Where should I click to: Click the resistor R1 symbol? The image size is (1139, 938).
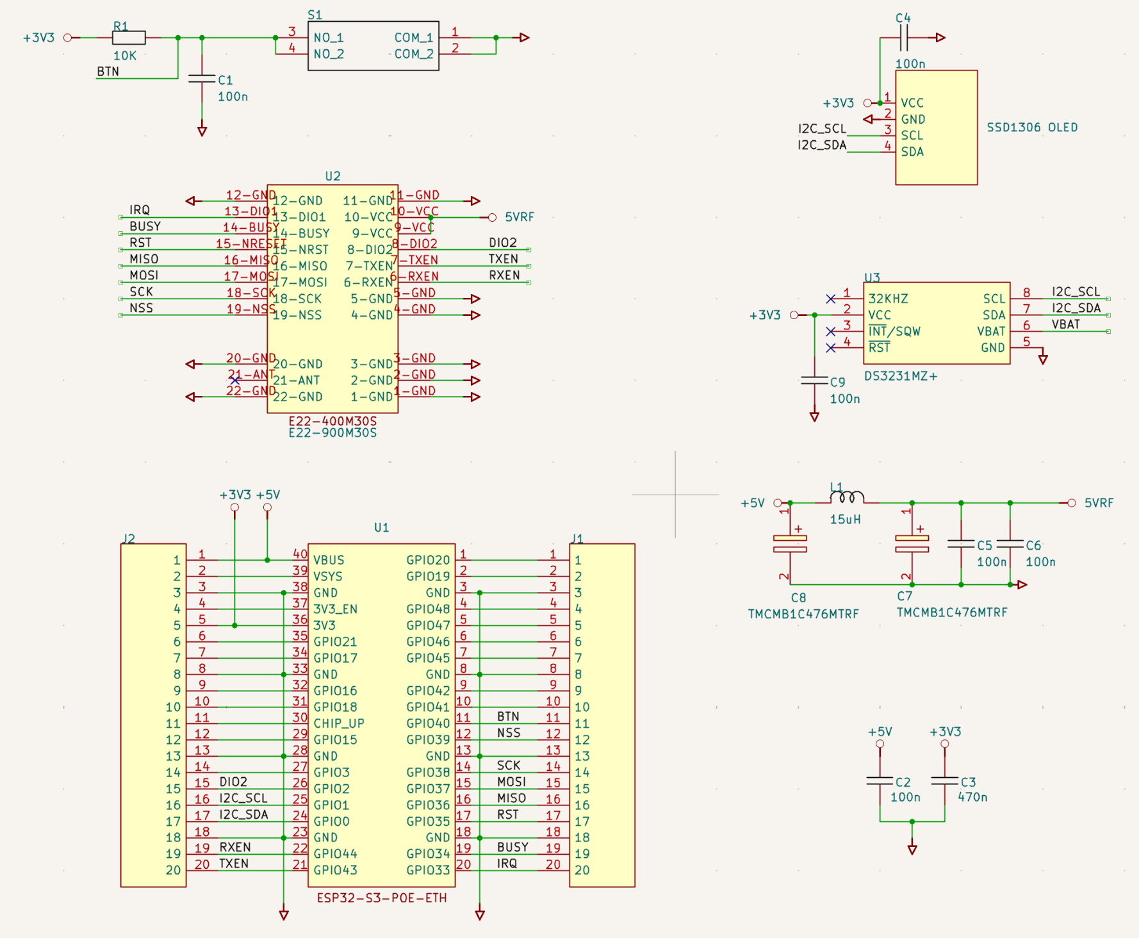pyautogui.click(x=129, y=38)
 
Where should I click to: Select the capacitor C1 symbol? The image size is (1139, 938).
pyautogui.click(x=202, y=78)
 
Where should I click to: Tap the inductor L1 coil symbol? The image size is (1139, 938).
pyautogui.click(x=847, y=497)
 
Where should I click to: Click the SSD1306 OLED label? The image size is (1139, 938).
pyautogui.click(x=1031, y=128)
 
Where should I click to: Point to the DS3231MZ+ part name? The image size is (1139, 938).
pyautogui.click(x=900, y=376)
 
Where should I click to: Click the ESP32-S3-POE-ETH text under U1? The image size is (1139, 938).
pyautogui.click(x=382, y=898)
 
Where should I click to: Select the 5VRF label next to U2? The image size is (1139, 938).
pyautogui.click(x=519, y=217)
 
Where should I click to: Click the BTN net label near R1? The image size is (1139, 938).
pyautogui.click(x=108, y=71)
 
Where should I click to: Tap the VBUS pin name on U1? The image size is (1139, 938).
pyautogui.click(x=329, y=560)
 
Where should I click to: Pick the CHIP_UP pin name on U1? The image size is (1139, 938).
pyautogui.click(x=338, y=723)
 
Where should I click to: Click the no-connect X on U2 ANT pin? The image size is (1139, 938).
pyautogui.click(x=235, y=381)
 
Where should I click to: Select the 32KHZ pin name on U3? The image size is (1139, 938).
pyautogui.click(x=888, y=299)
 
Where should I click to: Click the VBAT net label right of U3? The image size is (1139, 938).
pyautogui.click(x=1065, y=324)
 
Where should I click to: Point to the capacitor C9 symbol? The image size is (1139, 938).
pyautogui.click(x=814, y=381)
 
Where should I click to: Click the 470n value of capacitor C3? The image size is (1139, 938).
pyautogui.click(x=972, y=797)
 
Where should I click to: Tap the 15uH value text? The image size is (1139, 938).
pyautogui.click(x=845, y=520)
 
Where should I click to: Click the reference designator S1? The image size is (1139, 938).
pyautogui.click(x=315, y=15)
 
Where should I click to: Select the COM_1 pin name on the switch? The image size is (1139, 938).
pyautogui.click(x=413, y=38)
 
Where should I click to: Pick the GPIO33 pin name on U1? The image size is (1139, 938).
pyautogui.click(x=428, y=870)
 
